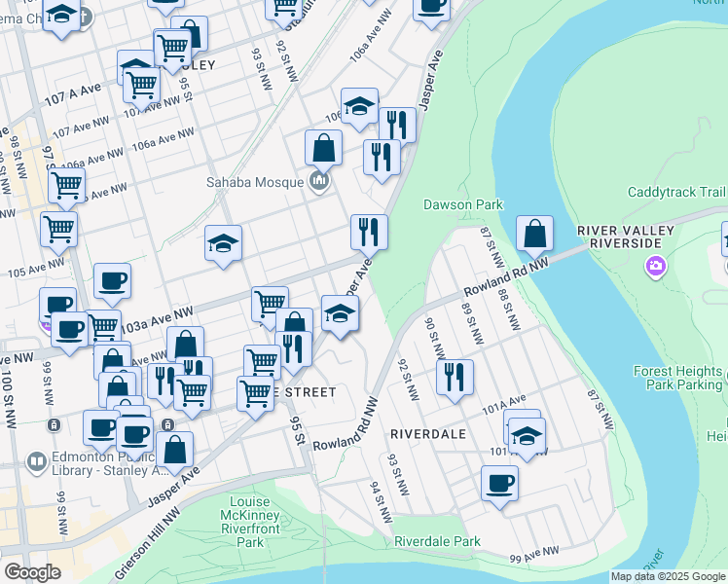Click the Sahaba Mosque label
click(x=254, y=182)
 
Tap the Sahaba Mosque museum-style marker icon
click(x=318, y=181)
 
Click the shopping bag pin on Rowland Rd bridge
click(x=534, y=234)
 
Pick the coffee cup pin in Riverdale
click(x=499, y=483)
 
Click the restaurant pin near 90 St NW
click(x=454, y=378)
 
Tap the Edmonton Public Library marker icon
click(x=37, y=460)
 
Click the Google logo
click(x=32, y=572)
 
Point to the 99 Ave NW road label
click(x=534, y=553)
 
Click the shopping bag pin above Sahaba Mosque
click(x=323, y=148)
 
